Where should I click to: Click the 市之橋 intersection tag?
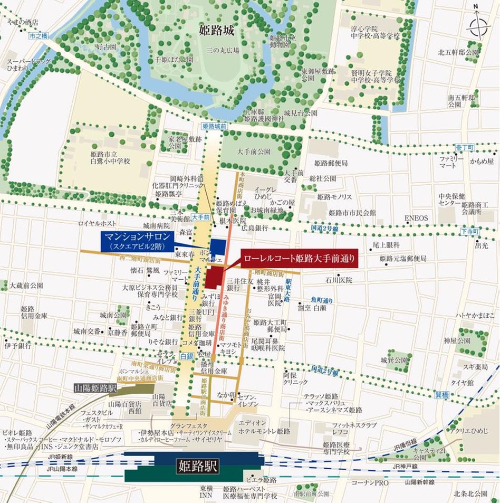coord(39,36)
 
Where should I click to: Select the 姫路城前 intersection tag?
coord(214,127)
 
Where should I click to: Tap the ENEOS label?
coord(416,218)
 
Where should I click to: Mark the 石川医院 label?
coord(338,280)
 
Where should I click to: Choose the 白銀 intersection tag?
coord(186,357)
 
